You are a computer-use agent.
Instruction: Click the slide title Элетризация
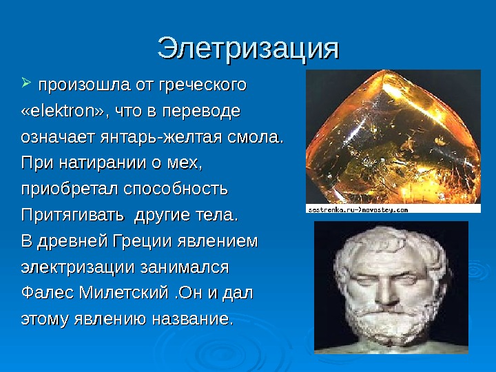point(248,48)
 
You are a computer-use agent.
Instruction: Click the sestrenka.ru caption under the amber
point(358,208)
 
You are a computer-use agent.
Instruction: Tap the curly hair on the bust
point(386,241)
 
